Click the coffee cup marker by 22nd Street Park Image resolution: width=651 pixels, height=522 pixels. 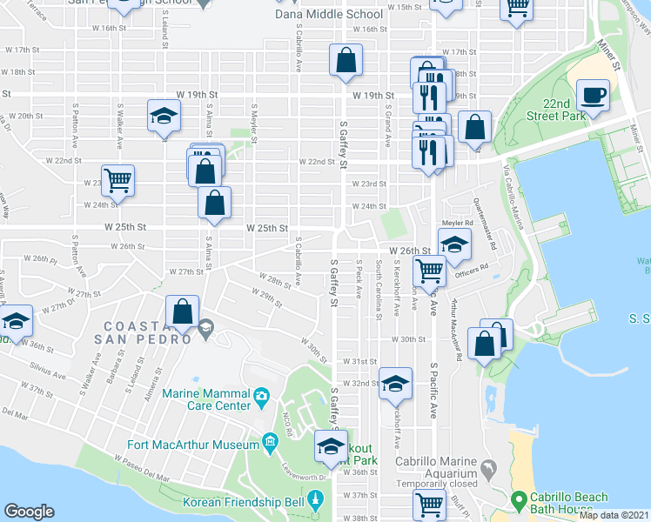coord(594,96)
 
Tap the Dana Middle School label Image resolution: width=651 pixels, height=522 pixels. coord(328,14)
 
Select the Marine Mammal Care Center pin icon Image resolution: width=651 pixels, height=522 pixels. coord(261,398)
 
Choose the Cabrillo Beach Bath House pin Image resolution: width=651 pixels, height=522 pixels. coord(519,499)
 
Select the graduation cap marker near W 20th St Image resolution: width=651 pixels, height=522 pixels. coord(163,118)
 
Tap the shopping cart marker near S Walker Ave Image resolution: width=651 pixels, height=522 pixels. coord(117,181)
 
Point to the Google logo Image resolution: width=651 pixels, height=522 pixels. coord(29,512)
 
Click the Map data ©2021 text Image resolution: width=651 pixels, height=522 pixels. coord(614,515)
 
